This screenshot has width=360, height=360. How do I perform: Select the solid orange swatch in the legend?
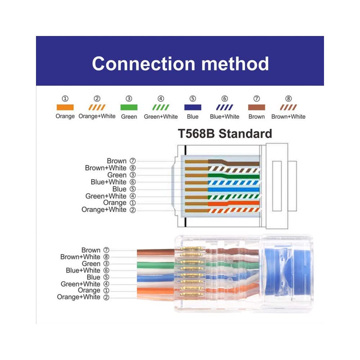[65, 107]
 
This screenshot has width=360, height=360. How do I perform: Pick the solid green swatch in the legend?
[129, 107]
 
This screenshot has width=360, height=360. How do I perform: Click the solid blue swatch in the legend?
[193, 107]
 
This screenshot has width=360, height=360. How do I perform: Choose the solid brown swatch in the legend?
[256, 107]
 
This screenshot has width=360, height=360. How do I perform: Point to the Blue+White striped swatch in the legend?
[225, 107]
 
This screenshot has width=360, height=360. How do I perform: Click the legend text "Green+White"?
[161, 117]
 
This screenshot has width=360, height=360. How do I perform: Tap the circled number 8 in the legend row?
[288, 99]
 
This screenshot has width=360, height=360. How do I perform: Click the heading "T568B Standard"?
[225, 134]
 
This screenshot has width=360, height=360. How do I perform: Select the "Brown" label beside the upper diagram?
[117, 161]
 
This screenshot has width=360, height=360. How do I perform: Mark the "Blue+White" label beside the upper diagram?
[108, 182]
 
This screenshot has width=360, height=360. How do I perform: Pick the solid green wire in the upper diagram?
[234, 176]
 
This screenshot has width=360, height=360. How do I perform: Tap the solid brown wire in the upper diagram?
[234, 162]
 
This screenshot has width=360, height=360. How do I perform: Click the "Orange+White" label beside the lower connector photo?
[78, 297]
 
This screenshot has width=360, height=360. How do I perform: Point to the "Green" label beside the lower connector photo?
[91, 264]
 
